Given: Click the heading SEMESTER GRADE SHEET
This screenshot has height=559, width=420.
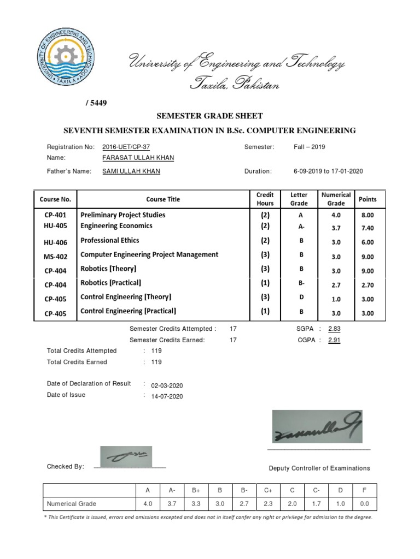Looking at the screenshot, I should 210,116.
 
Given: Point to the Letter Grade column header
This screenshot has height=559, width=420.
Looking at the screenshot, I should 299,199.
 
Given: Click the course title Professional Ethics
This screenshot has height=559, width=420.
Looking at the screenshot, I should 110,240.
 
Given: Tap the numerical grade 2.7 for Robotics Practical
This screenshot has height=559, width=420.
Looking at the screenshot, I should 336,283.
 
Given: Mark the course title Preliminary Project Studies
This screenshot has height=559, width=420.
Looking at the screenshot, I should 122,215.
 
